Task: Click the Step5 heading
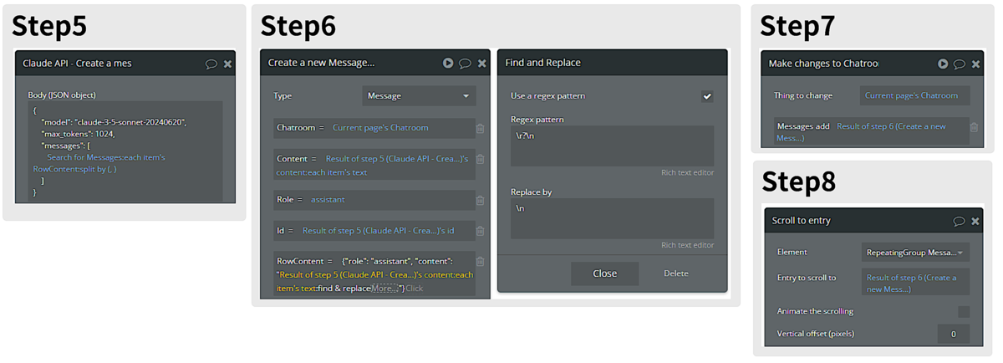pos(49,26)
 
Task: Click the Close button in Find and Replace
pos(604,274)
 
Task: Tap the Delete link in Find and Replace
pos(675,274)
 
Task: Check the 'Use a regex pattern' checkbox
pos(707,96)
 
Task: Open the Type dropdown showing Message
pos(419,96)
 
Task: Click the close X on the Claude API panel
pos(227,64)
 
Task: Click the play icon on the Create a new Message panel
pos(448,63)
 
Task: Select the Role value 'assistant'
pos(328,200)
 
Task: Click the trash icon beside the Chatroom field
pos(480,128)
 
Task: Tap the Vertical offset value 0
pos(954,334)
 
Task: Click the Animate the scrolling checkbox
pos(964,311)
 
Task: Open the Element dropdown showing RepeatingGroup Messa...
pos(915,253)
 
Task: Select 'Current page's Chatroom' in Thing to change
pos(911,95)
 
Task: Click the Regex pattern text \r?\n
pos(525,135)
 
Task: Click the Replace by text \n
pos(520,208)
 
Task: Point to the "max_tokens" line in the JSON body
pos(78,134)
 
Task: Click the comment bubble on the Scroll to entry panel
pos(959,221)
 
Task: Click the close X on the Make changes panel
pos(975,64)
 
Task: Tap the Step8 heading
pos(799,181)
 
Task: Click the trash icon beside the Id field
pos(480,231)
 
